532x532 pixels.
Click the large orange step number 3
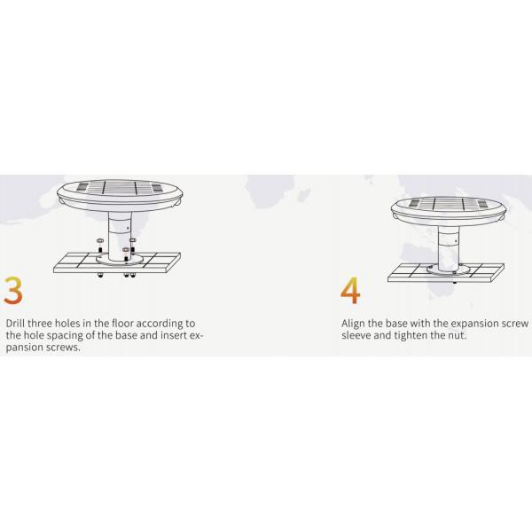13,291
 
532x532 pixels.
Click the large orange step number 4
350,291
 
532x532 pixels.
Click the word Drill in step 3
15,323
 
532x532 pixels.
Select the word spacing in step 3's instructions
65,336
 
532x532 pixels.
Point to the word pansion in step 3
22,348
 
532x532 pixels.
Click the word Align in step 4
353,324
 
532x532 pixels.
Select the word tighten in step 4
411,335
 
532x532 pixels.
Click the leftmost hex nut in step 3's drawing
100,240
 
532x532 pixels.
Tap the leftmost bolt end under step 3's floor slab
100,275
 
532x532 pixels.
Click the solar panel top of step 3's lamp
120,188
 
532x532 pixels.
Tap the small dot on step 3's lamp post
128,228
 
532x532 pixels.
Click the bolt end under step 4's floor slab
455,282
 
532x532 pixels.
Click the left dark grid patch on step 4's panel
415,203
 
